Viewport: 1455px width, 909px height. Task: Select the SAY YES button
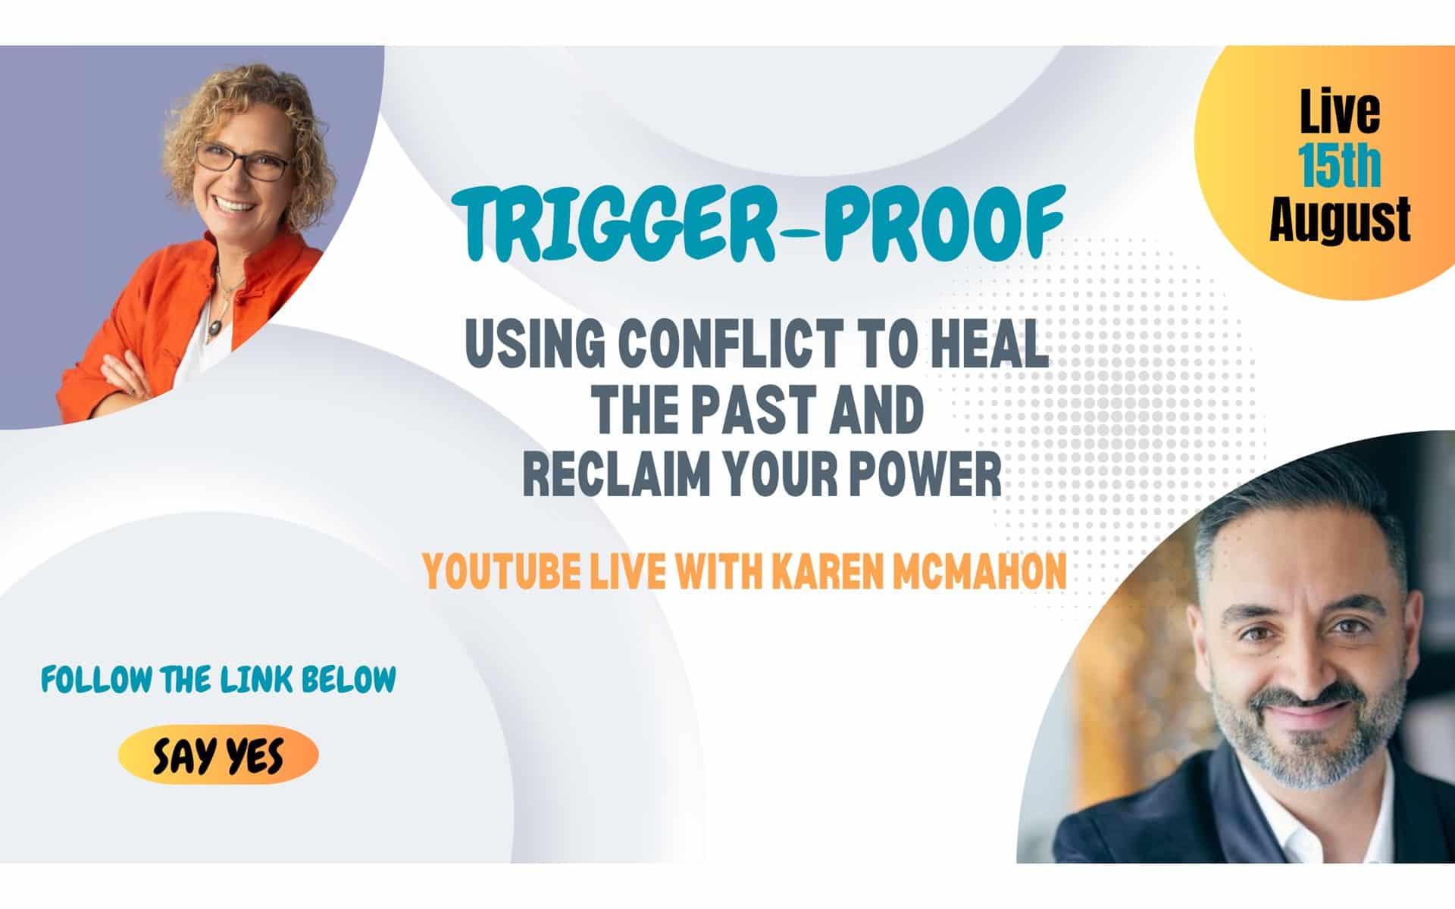(x=218, y=755)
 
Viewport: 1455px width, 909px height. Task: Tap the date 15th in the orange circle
(x=1339, y=165)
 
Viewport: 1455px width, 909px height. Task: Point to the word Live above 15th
(x=1340, y=111)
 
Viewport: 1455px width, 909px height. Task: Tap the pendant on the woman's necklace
(x=216, y=326)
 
